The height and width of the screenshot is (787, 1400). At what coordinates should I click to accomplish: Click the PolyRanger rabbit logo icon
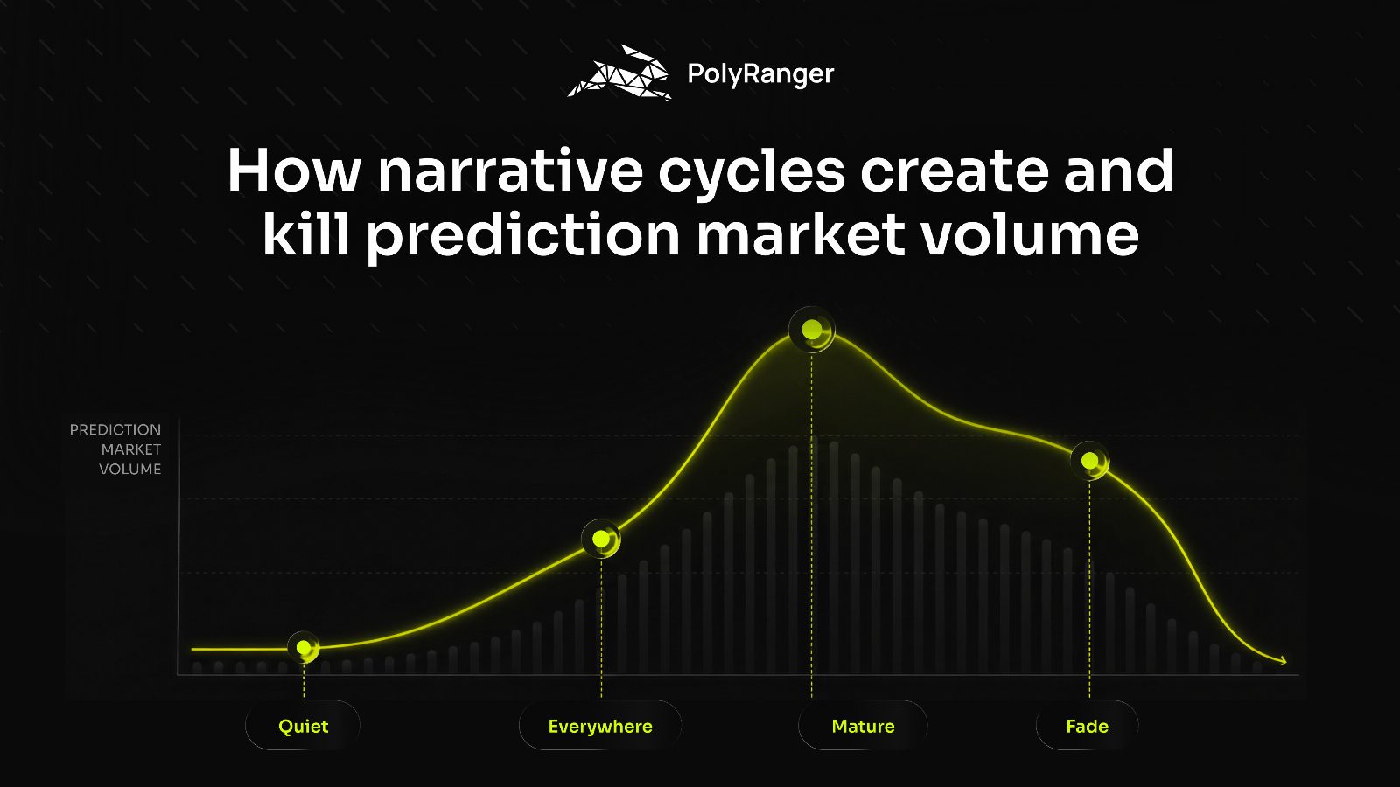pos(619,73)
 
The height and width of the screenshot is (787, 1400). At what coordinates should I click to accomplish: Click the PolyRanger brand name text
pos(760,74)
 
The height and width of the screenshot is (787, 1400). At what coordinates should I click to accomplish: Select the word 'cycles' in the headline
pos(752,175)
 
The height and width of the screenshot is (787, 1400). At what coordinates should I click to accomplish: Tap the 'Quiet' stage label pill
pos(303,726)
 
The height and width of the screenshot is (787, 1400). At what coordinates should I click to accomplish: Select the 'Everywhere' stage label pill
pos(600,726)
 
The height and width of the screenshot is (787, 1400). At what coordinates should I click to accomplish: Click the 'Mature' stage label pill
pos(863,726)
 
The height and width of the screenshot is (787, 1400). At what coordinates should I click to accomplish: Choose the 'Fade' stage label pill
pos(1088,726)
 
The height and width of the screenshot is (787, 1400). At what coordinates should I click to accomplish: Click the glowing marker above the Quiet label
pos(304,648)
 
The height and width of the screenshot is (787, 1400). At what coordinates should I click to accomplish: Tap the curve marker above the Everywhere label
pos(601,539)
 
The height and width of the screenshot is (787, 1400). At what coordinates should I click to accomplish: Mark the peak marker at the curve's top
pos(812,329)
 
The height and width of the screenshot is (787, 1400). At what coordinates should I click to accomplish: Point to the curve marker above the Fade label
pos(1090,461)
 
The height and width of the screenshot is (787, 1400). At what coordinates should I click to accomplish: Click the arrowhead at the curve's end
pos(1282,661)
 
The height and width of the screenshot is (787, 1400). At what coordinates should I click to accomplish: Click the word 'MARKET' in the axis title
pos(131,449)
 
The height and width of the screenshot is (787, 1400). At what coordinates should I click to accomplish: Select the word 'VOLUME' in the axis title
pos(130,469)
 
